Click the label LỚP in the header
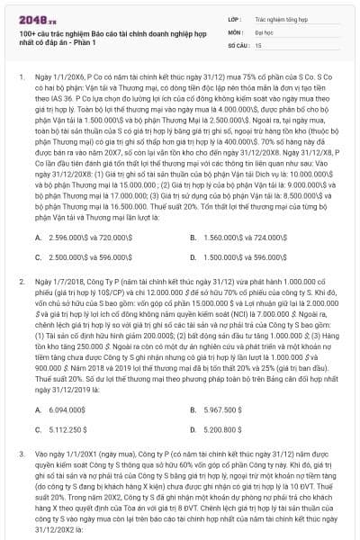point(235,17)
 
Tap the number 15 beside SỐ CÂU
point(259,43)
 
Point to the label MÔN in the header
point(236,31)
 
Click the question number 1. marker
point(22,77)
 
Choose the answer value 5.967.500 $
point(225,409)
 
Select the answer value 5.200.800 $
point(225,429)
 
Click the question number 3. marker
point(22,455)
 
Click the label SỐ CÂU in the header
point(238,43)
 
